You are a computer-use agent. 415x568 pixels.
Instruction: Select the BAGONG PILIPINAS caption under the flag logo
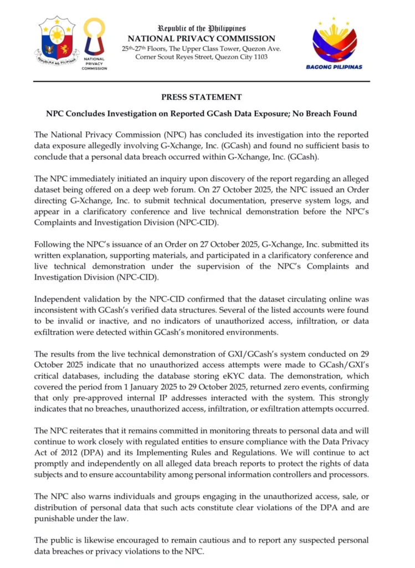tap(334, 67)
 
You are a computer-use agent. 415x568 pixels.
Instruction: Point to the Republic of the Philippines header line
tap(202, 28)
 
